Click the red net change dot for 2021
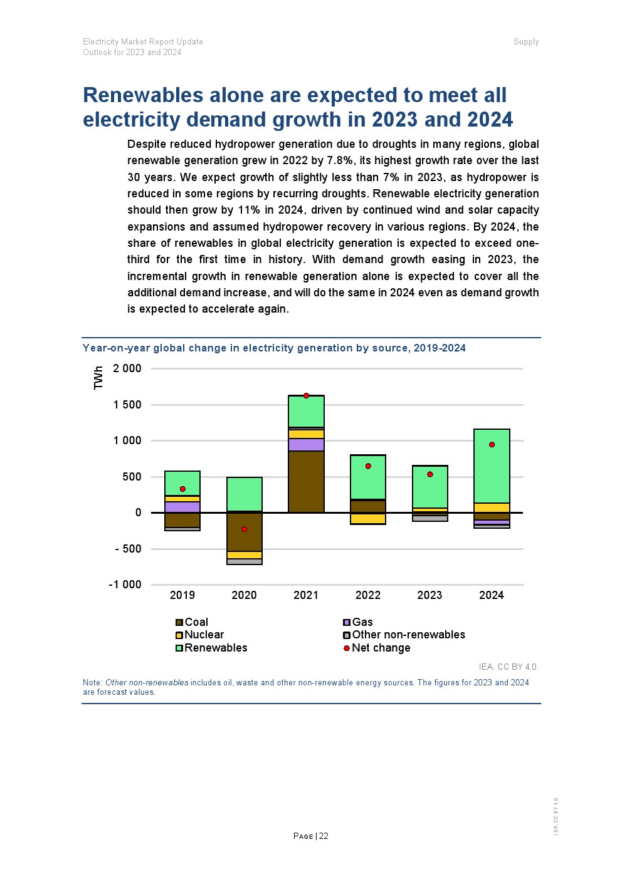click(306, 395)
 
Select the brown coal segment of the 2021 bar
click(306, 481)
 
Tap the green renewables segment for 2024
click(492, 466)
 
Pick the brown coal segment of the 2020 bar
click(245, 532)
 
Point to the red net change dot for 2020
click(245, 529)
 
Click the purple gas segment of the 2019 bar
click(182, 507)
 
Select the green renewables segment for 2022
click(368, 477)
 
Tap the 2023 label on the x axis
click(430, 595)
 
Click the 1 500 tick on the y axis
click(127, 405)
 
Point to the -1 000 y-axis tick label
click(125, 585)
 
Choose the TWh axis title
click(98, 378)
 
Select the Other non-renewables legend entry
click(408, 635)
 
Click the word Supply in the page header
click(526, 42)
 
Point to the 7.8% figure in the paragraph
click(341, 160)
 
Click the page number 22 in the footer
click(324, 836)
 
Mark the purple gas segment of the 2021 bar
click(306, 445)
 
